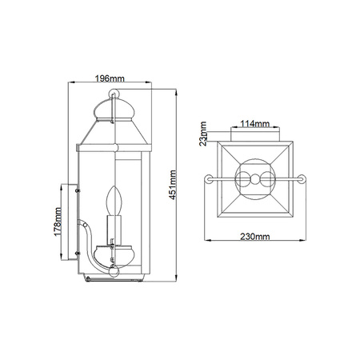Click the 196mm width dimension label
[110, 78]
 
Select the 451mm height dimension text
[173, 185]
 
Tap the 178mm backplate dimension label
[58, 222]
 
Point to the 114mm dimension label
[255, 124]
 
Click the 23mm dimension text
[203, 134]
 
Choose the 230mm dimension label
[255, 237]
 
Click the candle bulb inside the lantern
[114, 201]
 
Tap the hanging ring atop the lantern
[114, 94]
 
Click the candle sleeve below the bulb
[114, 230]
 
